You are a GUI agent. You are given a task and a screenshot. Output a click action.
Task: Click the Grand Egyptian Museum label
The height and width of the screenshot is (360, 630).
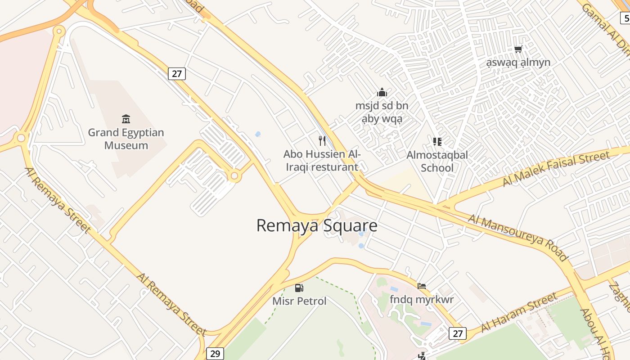pyautogui.click(x=126, y=139)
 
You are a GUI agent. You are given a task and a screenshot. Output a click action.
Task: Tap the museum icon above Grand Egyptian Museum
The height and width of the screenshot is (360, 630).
pyautogui.click(x=126, y=119)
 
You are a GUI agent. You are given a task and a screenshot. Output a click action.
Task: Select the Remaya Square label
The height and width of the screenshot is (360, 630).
pyautogui.click(x=316, y=225)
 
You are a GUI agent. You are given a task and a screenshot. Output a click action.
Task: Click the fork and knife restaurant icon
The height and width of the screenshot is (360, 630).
pyautogui.click(x=322, y=141)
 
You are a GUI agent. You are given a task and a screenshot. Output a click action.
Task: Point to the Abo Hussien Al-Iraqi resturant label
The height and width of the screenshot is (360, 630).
pyautogui.click(x=322, y=161)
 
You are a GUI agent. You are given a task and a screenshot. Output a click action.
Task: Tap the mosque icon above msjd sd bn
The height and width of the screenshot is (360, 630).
pyautogui.click(x=382, y=93)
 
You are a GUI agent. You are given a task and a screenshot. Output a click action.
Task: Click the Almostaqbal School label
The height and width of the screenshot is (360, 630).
pyautogui.click(x=437, y=161)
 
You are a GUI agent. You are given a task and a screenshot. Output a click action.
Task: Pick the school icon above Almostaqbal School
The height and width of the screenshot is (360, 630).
pyautogui.click(x=437, y=142)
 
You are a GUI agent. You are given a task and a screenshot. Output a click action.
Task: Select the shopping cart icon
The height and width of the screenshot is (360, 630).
pyautogui.click(x=518, y=49)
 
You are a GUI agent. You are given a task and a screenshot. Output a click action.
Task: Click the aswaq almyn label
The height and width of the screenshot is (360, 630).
pyautogui.click(x=518, y=62)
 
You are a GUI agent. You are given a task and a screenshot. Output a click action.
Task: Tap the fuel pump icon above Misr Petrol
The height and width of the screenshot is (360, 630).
pyautogui.click(x=299, y=288)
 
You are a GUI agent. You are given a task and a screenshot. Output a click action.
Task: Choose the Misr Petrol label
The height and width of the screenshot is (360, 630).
pyautogui.click(x=299, y=301)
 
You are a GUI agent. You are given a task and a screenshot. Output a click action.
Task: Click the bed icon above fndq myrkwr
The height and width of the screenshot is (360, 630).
pyautogui.click(x=422, y=286)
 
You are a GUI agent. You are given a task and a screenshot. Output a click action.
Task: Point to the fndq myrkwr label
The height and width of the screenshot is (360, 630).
pyautogui.click(x=422, y=299)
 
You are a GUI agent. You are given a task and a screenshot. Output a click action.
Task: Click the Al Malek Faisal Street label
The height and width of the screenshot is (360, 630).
pyautogui.click(x=556, y=169)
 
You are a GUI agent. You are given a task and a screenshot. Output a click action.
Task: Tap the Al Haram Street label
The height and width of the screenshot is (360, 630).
pyautogui.click(x=519, y=313)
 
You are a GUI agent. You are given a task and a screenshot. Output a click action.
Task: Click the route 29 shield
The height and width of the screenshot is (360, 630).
pyautogui.click(x=216, y=354)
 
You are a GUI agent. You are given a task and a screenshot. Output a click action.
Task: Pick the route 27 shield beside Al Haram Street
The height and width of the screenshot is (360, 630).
pyautogui.click(x=458, y=333)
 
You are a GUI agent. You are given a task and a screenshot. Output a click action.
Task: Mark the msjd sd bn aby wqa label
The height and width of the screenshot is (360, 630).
pyautogui.click(x=382, y=112)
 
